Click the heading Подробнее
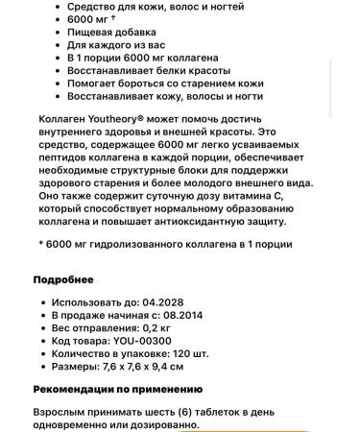coord(63,279)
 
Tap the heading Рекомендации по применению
coord(117,389)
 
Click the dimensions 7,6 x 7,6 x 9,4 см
coord(143,367)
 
